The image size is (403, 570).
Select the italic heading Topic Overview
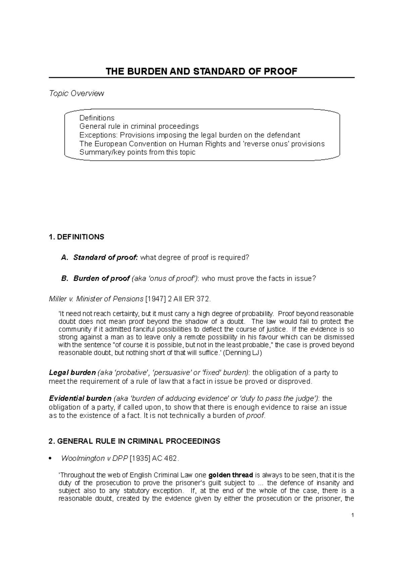[x=77, y=93]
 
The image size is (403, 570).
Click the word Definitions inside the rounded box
[x=97, y=118]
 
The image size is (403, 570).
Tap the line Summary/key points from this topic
[x=137, y=152]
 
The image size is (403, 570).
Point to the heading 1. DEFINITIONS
[x=77, y=237]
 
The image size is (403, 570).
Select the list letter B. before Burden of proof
[x=65, y=279]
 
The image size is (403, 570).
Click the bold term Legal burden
[x=72, y=373]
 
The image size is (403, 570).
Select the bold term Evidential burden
[x=80, y=398]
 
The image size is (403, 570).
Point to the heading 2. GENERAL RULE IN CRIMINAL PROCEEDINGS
[x=134, y=441]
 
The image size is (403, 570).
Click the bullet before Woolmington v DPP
[x=50, y=459]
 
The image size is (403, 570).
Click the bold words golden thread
[x=230, y=475]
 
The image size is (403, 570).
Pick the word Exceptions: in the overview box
[x=98, y=135]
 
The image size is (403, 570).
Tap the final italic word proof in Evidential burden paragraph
[x=256, y=416]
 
